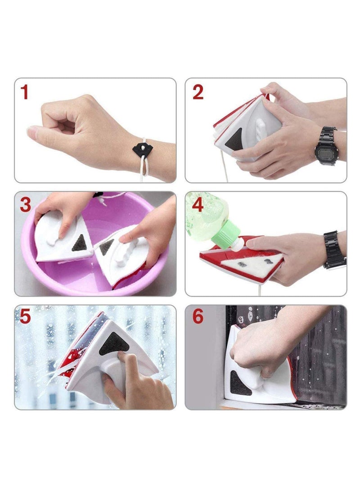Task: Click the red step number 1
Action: click(x=25, y=92)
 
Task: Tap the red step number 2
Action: click(x=198, y=92)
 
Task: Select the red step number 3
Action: click(x=26, y=205)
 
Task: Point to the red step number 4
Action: click(x=198, y=205)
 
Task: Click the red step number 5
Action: click(x=25, y=317)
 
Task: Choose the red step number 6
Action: click(x=198, y=317)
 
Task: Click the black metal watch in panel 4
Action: click(x=333, y=250)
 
